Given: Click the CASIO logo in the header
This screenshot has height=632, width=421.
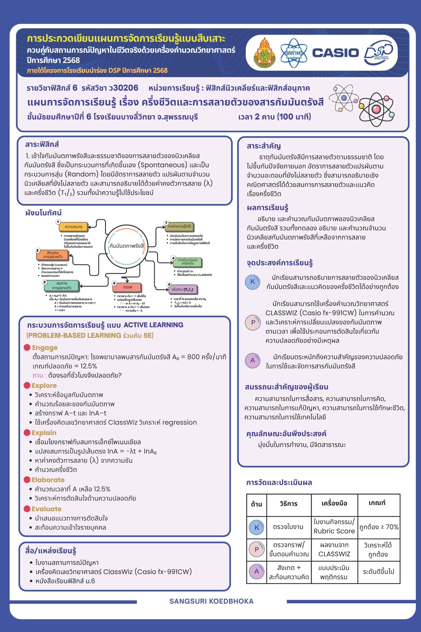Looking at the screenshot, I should (335, 53).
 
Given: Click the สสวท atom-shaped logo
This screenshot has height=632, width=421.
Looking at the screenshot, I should (294, 53).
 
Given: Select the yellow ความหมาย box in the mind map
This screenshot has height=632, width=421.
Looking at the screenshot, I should (73, 227).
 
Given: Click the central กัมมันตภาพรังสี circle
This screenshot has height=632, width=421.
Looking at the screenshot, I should (127, 246).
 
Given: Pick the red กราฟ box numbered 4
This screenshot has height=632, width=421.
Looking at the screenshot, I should (127, 287).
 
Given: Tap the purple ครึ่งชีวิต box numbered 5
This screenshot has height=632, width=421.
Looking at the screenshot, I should (183, 289).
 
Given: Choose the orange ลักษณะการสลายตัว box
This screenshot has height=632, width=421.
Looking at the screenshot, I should (53, 255).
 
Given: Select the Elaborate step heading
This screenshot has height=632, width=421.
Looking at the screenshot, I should (48, 480).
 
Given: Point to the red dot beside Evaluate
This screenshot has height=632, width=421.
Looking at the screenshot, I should (27, 509).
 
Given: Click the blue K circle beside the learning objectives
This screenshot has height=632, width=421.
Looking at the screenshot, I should (252, 282).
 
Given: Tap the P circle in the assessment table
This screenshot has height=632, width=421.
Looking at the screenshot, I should (257, 549).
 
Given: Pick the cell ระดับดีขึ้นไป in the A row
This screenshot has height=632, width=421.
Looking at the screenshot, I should (378, 572).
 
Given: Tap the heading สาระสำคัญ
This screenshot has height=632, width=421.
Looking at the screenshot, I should (264, 146).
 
